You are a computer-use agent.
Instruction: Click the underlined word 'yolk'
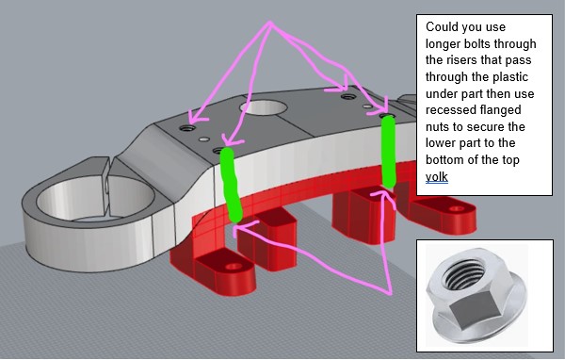436,177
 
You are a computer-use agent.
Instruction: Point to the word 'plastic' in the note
510,77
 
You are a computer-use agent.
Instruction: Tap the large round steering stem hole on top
263,107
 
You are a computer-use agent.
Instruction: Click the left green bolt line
232,184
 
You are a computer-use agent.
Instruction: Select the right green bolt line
388,152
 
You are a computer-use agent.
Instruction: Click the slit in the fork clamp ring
108,186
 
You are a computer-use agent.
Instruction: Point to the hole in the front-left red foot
234,267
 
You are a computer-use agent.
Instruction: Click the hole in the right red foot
456,208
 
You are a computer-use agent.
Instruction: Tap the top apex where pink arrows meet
269,23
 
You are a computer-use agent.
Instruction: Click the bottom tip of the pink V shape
390,293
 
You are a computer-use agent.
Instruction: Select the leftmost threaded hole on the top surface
187,127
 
